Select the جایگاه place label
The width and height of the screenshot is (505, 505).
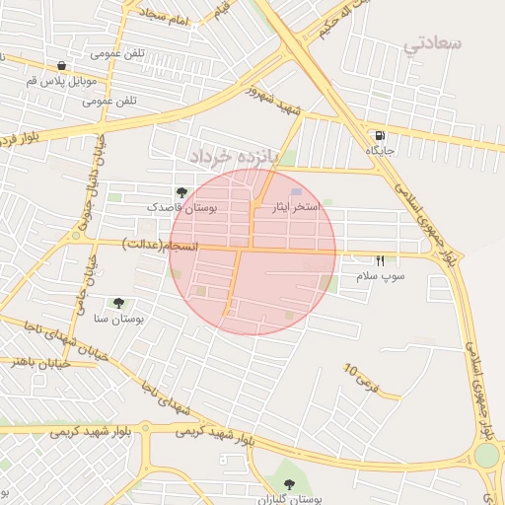pyautogui.click(x=381, y=151)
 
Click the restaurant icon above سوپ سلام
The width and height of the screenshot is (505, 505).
pyautogui.click(x=381, y=261)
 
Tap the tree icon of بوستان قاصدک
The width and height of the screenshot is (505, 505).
pyautogui.click(x=180, y=192)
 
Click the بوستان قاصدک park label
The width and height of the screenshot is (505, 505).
pyautogui.click(x=181, y=208)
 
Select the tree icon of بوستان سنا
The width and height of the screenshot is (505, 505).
pyautogui.click(x=119, y=303)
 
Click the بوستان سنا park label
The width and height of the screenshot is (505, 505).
pyautogui.click(x=119, y=319)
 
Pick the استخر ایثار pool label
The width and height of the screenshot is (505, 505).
pyautogui.click(x=297, y=208)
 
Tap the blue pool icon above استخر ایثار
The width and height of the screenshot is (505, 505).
pyautogui.click(x=297, y=193)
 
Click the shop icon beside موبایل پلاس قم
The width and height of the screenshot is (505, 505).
pyautogui.click(x=61, y=65)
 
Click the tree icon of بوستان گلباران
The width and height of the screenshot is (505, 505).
pyautogui.click(x=289, y=483)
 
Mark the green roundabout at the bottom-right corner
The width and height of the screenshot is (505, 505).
pyautogui.click(x=487, y=456)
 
